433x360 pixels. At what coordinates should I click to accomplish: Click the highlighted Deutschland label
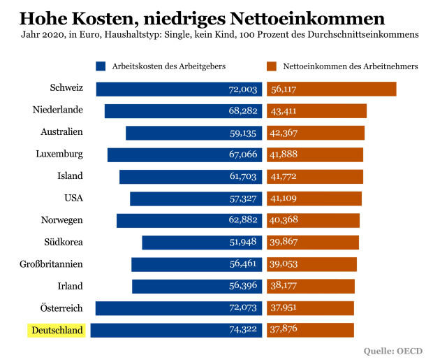[57, 330]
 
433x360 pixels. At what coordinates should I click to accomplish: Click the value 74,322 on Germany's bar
[243, 330]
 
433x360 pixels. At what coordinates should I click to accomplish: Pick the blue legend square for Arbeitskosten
[101, 66]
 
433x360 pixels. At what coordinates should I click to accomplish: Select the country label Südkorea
[64, 242]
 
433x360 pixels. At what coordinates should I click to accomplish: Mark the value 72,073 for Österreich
[243, 308]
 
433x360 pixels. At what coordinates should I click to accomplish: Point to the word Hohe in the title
[40, 16]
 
